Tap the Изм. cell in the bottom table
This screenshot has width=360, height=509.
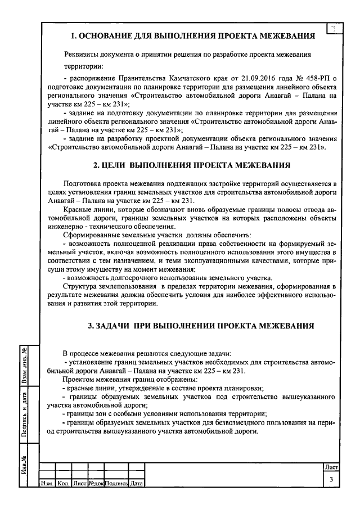tap(46, 483)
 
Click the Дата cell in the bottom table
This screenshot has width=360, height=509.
tap(137, 483)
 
